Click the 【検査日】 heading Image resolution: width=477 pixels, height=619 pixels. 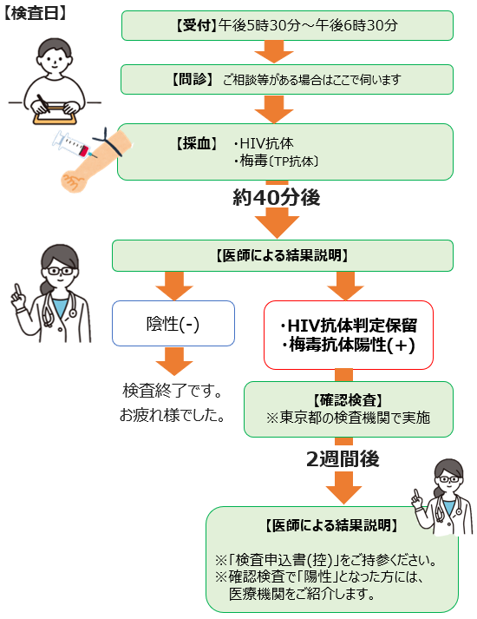(35, 13)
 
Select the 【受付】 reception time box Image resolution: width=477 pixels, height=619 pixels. (287, 26)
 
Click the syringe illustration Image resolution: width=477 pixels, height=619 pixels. (75, 144)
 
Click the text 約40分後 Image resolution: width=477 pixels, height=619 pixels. (277, 197)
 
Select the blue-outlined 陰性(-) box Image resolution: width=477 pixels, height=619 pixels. (173, 323)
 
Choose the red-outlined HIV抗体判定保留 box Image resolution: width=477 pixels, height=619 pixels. (349, 335)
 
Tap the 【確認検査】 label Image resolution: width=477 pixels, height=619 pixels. (348, 400)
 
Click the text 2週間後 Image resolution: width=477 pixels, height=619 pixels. (343, 458)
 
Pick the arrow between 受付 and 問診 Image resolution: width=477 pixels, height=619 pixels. (274, 52)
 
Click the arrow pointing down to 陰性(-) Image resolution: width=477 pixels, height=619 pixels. (174, 286)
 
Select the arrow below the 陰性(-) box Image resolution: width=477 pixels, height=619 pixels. (174, 361)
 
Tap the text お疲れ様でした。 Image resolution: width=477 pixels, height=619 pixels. (172, 415)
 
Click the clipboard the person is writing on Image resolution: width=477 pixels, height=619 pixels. (56, 115)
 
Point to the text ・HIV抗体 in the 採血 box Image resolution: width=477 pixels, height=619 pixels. (263, 143)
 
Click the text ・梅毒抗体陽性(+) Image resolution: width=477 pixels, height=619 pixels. (349, 345)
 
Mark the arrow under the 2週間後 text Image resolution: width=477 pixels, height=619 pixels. (343, 488)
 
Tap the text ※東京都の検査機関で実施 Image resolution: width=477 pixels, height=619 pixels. (348, 418)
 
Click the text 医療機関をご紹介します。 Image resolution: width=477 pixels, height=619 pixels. (302, 594)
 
